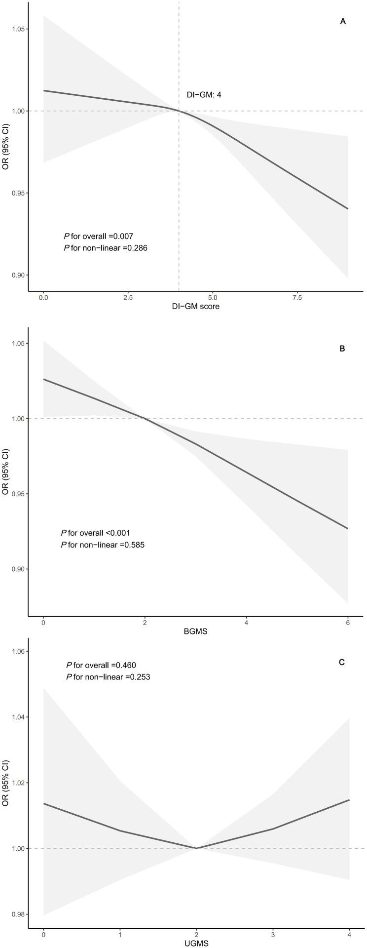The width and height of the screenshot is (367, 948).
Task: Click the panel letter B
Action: coord(342,348)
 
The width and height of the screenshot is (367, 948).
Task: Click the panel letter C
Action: coord(341,662)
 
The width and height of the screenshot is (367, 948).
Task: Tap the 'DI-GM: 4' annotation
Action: coord(203,94)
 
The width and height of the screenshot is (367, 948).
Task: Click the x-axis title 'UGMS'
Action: coord(196,943)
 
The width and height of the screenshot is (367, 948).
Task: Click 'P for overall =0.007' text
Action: coord(98,237)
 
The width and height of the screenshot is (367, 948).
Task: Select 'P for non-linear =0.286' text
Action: coord(105,248)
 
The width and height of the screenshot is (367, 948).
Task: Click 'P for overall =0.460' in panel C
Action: coord(101,665)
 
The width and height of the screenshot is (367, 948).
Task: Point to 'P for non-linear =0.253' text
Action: coord(108,677)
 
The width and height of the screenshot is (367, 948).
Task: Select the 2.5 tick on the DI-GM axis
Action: coord(128,298)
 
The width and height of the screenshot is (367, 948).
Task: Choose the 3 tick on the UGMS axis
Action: coord(272,934)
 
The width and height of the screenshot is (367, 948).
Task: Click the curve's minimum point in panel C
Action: coord(196,848)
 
